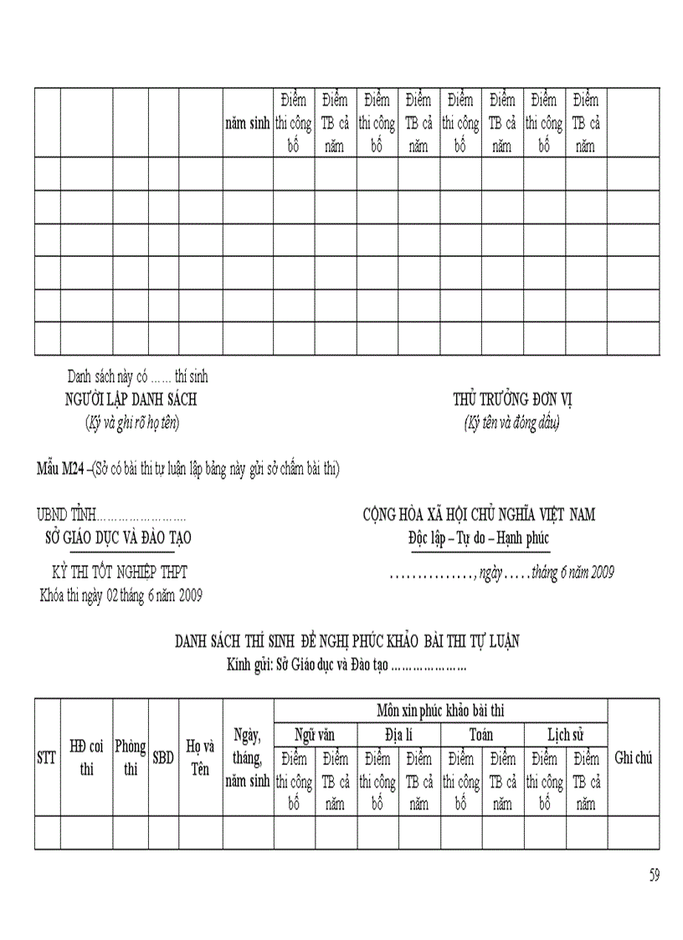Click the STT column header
pos(47,758)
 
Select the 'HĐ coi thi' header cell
pos(86,758)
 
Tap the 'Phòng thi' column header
pos(131,758)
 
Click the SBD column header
pos(163,758)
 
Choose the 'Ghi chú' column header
pos(633,758)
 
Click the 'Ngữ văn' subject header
pos(315,735)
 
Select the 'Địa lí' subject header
pos(398,735)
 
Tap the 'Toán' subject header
pos(481,735)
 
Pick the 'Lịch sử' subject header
pos(565,735)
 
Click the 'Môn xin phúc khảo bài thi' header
pos(440,711)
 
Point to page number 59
pos(654,876)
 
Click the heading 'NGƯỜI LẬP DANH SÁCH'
pos(131,399)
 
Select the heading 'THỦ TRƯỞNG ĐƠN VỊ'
pos(512,399)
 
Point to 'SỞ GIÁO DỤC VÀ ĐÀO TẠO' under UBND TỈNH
pos(118,538)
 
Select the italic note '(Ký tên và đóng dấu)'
pos(511,423)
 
